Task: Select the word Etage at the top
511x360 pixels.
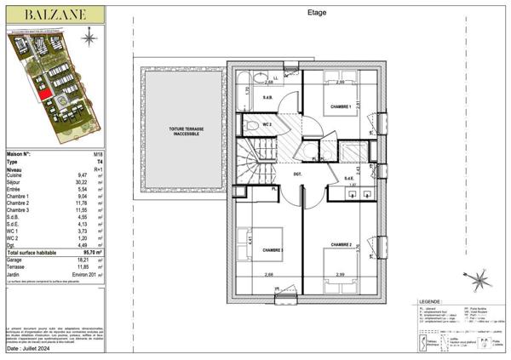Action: (315, 12)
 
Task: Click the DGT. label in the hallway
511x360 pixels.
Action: (298, 175)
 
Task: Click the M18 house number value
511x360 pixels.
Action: (98, 153)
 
